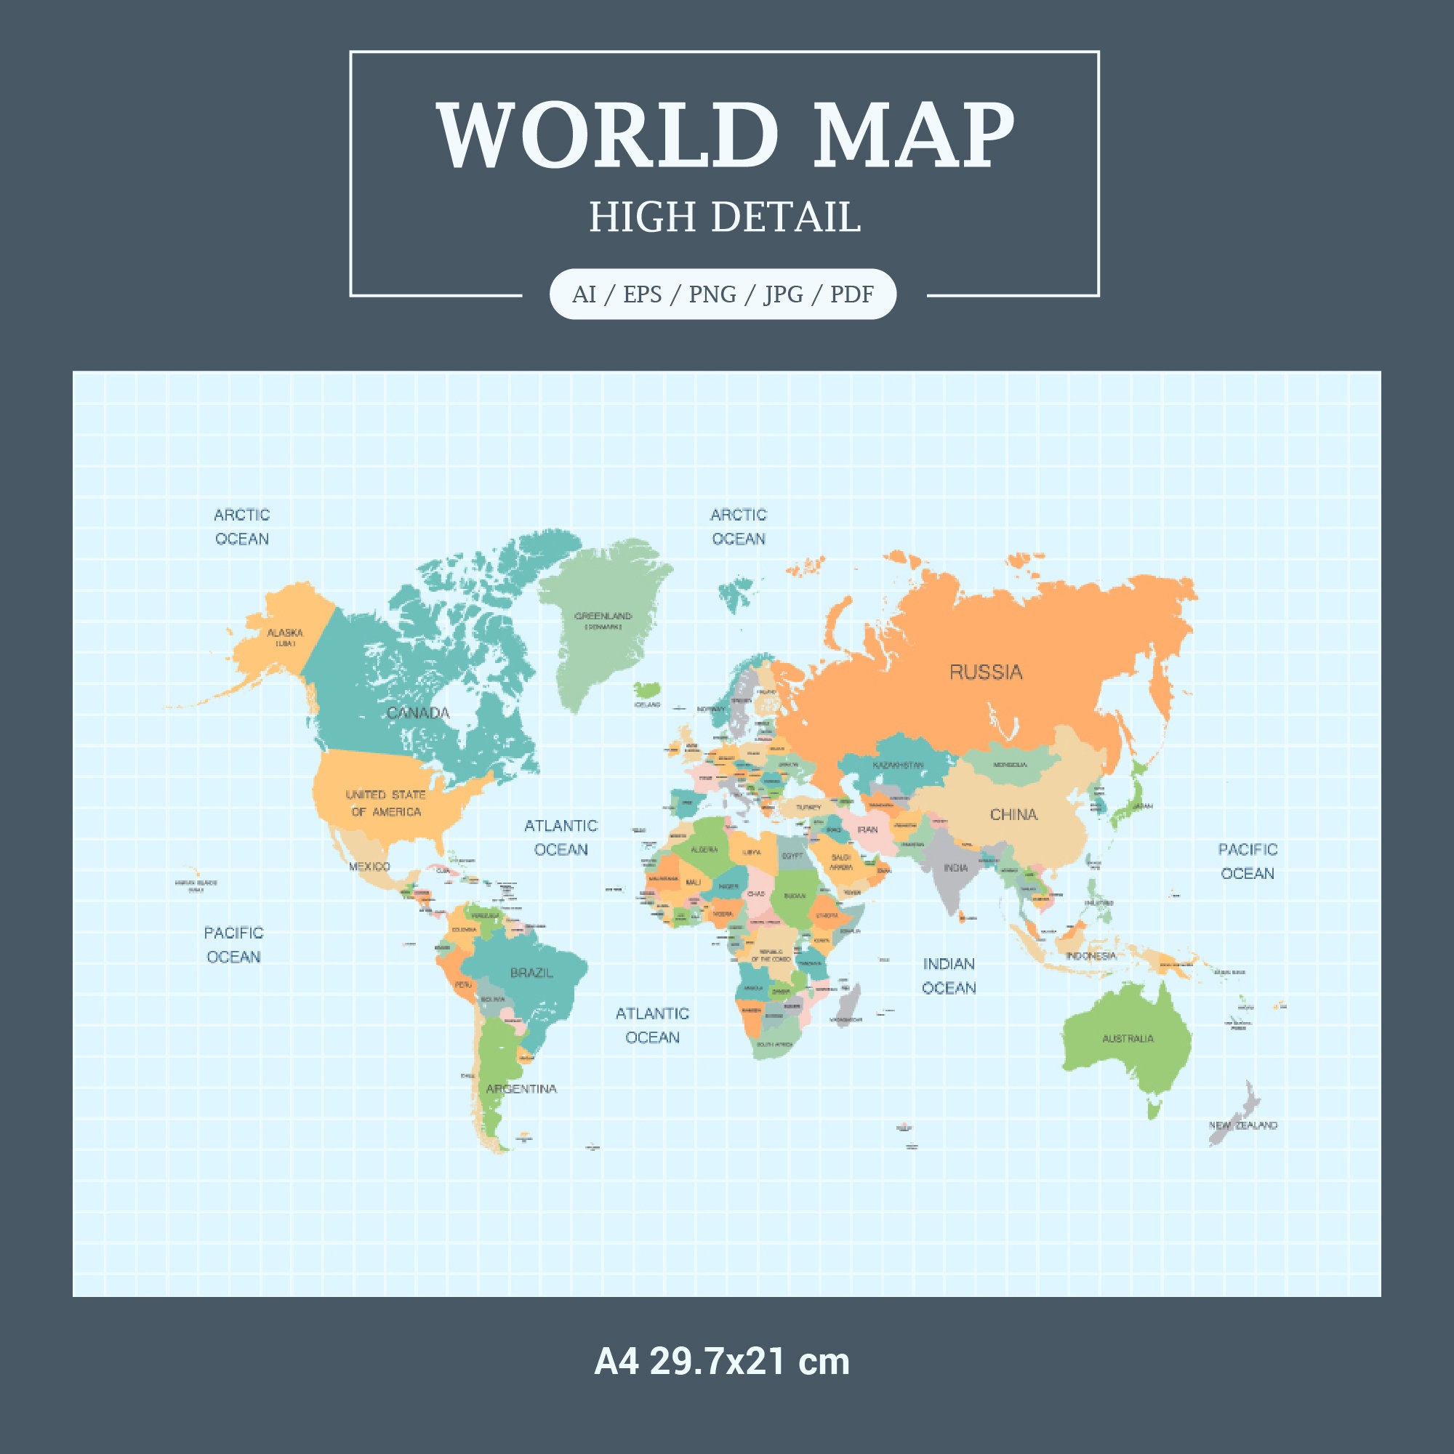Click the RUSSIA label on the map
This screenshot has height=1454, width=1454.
pos(985,672)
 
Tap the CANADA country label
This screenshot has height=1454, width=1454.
pos(419,712)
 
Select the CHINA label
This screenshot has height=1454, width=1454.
pos(1013,814)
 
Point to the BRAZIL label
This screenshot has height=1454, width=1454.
pos(531,972)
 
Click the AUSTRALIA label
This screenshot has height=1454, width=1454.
pos(1128,1039)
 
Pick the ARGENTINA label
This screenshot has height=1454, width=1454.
pos(521,1088)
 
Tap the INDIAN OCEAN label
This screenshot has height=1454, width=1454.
pos(948,976)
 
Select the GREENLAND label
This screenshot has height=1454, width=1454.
pos(603,616)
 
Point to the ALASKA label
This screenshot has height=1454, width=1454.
pos(285,633)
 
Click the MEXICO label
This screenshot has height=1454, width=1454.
pos(369,867)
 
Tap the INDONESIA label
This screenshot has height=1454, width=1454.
pos(1090,955)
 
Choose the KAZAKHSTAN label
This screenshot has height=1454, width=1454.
pos(898,765)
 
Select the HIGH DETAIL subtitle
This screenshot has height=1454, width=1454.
pos(724,217)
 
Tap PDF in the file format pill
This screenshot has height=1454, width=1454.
pos(851,294)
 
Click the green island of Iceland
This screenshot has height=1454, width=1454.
pos(646,689)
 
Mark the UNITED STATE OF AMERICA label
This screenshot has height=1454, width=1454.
pos(385,803)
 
